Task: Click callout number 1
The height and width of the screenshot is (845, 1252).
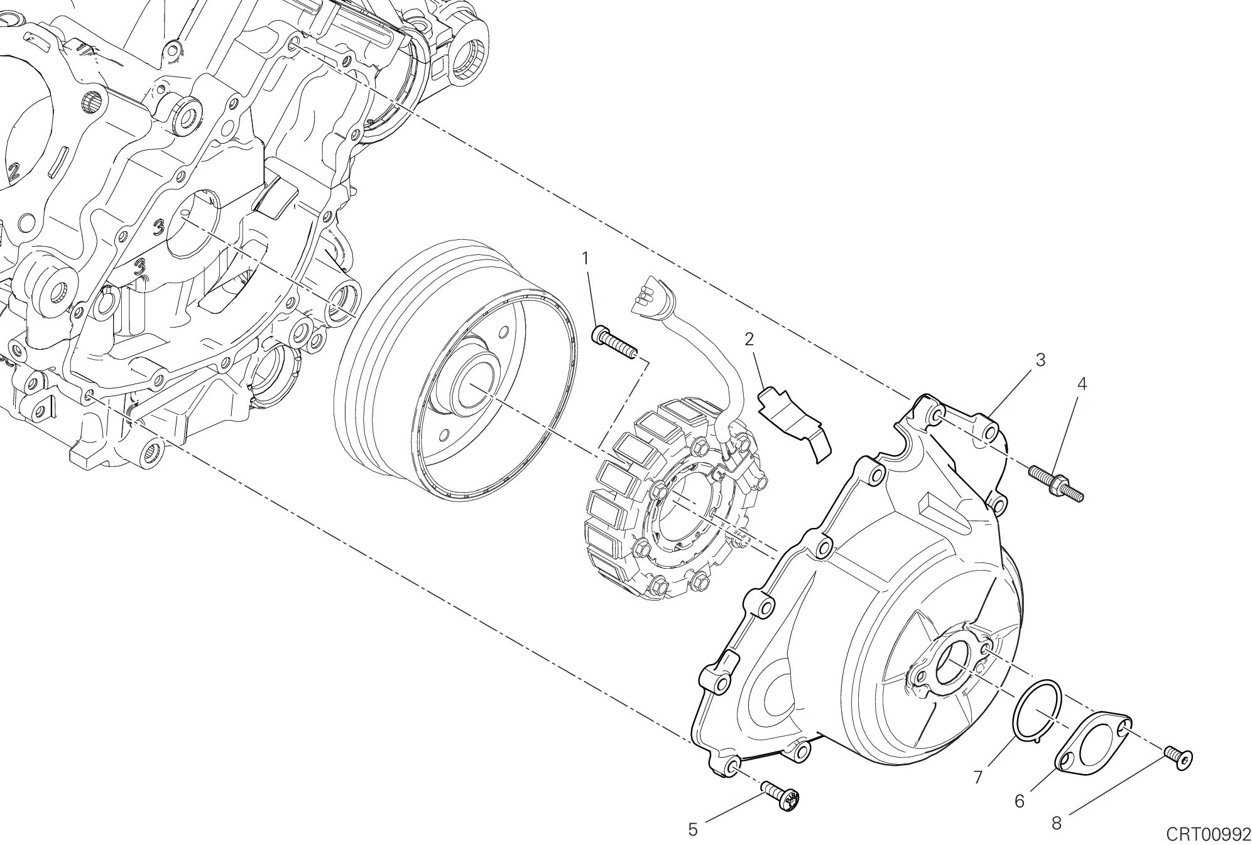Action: click(585, 258)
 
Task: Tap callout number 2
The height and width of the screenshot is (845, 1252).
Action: click(749, 340)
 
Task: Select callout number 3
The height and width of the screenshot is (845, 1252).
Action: click(1040, 360)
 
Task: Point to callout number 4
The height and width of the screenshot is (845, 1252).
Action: click(1082, 384)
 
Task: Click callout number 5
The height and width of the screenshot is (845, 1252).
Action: click(693, 830)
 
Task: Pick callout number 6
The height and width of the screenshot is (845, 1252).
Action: click(1020, 801)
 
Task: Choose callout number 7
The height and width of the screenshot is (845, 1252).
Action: click(977, 777)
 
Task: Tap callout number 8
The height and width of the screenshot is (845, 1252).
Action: click(1057, 823)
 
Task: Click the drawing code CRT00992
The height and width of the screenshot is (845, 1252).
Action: click(1209, 834)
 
